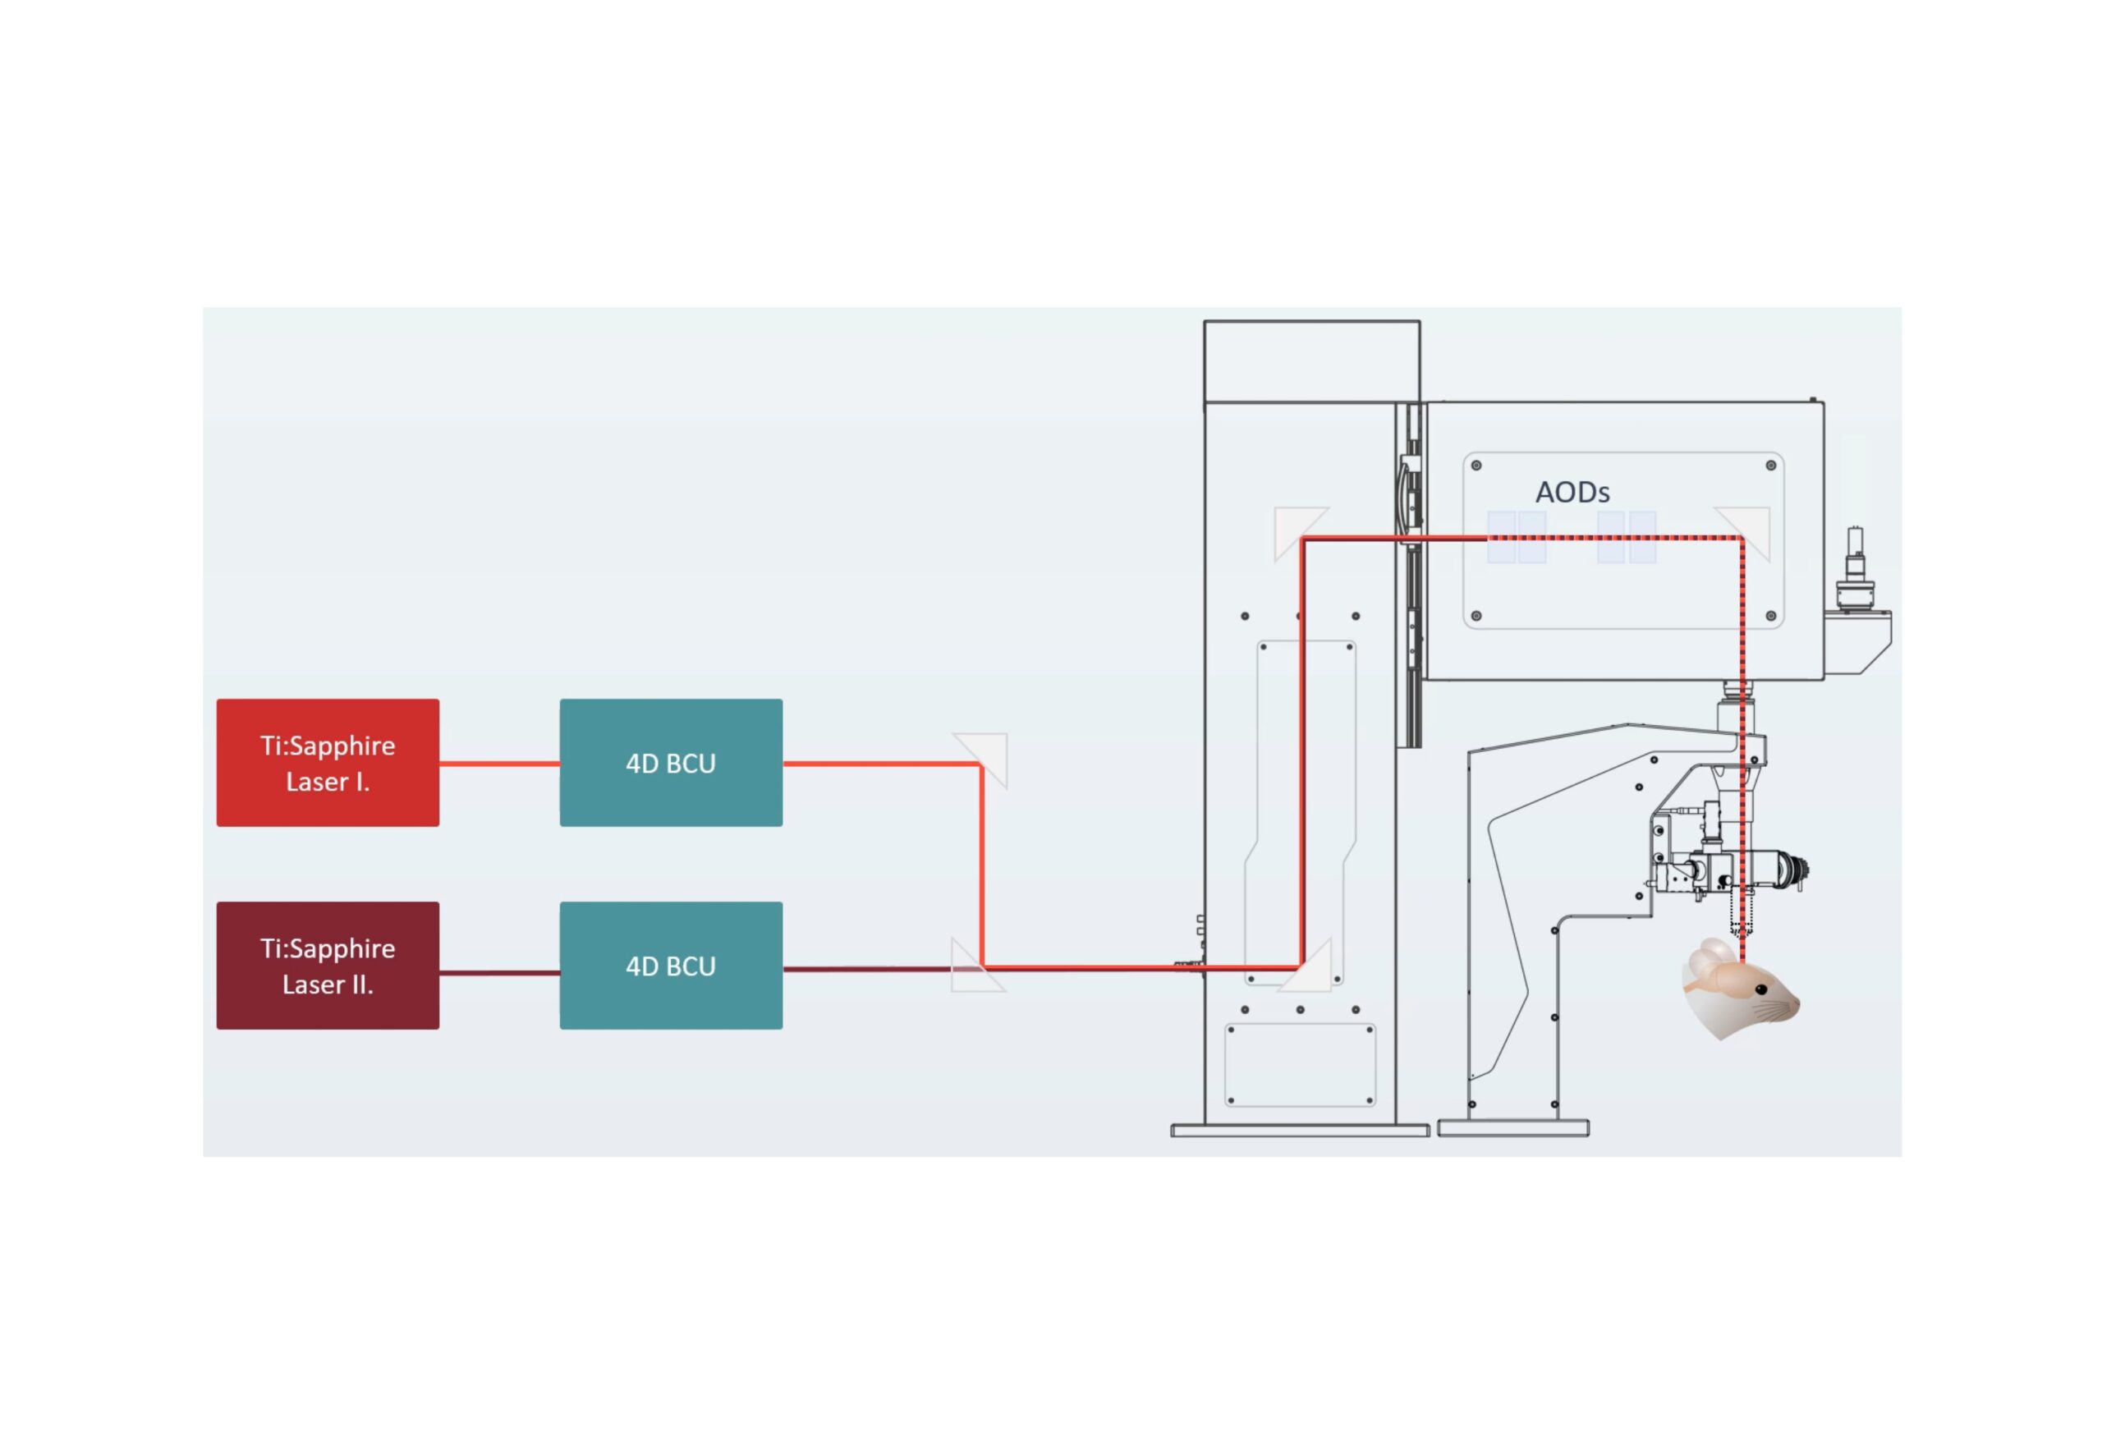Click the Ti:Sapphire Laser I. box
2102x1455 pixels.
coord(328,762)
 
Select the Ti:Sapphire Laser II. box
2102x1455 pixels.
coord(328,965)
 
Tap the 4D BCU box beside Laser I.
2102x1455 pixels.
coord(670,762)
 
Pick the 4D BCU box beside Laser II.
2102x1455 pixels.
coord(670,965)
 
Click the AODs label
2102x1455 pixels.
coord(1572,493)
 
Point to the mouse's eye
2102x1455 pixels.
coord(1761,989)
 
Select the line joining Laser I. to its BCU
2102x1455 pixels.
coord(498,763)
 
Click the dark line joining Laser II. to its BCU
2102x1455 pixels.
coord(498,973)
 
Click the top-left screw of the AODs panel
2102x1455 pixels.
coord(1476,465)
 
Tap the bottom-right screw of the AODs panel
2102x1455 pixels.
coord(1770,615)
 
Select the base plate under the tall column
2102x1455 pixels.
coord(1299,1131)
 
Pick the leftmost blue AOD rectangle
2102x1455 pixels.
coord(1500,537)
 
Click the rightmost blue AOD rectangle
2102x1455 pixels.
coord(1641,537)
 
